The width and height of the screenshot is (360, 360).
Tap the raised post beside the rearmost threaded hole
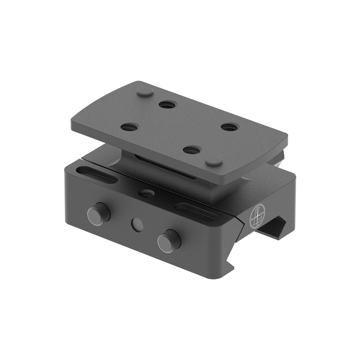pos(145,93)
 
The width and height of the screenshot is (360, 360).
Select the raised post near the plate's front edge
pos(214,162)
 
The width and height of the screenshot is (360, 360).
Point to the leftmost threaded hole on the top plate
pos(130,127)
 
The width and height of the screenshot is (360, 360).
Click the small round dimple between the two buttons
pos(137,225)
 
